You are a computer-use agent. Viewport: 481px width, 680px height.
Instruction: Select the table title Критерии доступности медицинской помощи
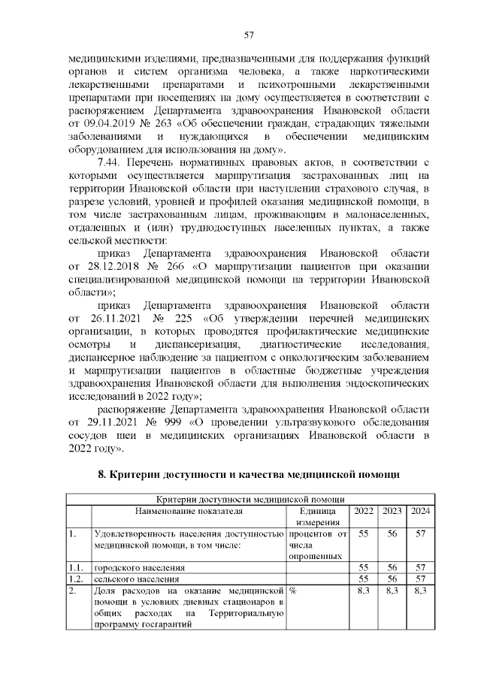pyautogui.click(x=250, y=499)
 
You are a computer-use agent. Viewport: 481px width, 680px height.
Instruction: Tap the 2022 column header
pyautogui.click(x=364, y=511)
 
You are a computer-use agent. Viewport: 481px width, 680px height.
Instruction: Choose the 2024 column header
pyautogui.click(x=420, y=511)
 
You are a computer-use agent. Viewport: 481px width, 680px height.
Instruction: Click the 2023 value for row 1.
pyautogui.click(x=392, y=533)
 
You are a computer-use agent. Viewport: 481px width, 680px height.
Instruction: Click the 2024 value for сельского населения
pyautogui.click(x=420, y=579)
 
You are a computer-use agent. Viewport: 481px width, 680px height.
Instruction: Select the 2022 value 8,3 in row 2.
pyautogui.click(x=364, y=591)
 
